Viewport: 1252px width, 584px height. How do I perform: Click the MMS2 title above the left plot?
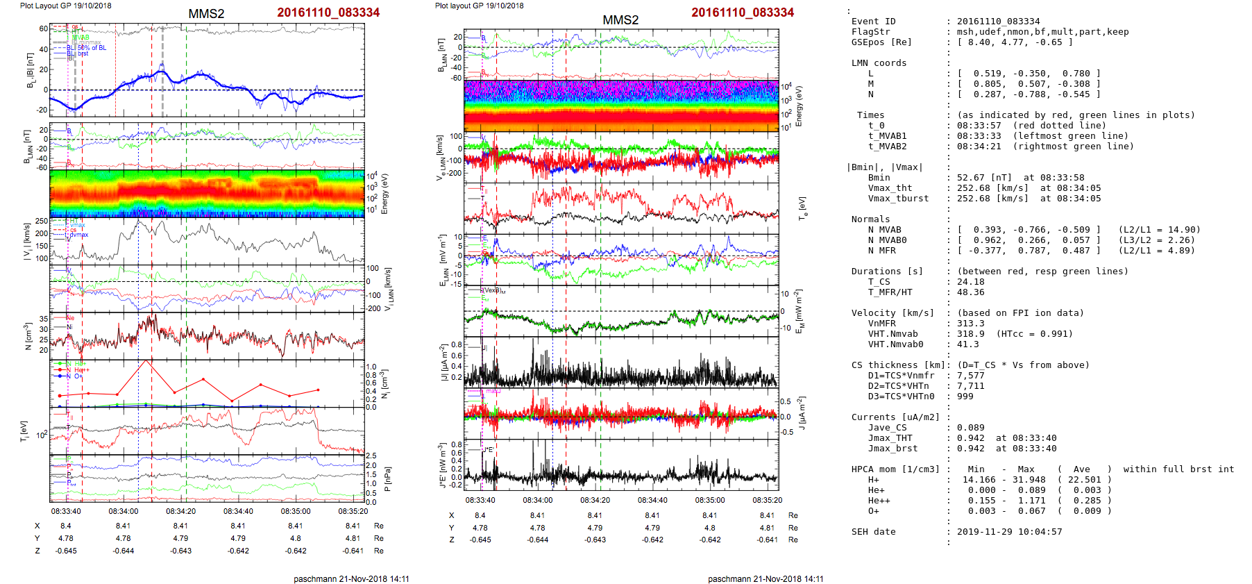point(206,14)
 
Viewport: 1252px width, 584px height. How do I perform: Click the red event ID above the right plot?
point(742,12)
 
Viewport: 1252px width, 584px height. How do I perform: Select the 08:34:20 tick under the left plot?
point(180,511)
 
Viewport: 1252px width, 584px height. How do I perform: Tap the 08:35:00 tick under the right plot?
point(709,500)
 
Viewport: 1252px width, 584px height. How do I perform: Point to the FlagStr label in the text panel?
point(870,32)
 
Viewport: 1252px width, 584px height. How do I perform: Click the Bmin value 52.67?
point(970,178)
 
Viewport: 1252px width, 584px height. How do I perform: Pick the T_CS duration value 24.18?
point(970,282)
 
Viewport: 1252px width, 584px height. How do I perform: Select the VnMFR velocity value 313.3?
point(970,324)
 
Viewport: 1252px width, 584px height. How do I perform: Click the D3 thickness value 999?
point(965,397)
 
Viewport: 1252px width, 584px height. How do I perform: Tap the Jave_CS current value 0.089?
point(970,428)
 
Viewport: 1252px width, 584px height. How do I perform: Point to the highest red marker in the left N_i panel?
point(146,360)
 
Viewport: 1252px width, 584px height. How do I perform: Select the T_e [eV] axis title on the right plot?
point(803,207)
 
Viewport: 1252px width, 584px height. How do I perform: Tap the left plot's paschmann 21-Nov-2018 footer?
point(351,578)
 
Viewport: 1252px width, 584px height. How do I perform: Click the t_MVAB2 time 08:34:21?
point(976,147)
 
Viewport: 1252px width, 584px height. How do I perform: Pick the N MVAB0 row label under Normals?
point(887,240)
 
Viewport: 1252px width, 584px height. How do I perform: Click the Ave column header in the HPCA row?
point(1081,469)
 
